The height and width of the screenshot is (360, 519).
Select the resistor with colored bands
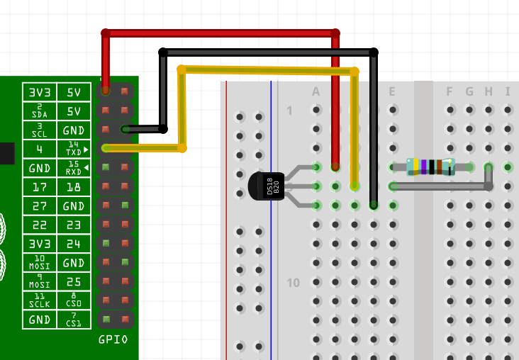430,167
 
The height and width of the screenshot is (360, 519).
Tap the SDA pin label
40,111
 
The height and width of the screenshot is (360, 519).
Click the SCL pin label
40,130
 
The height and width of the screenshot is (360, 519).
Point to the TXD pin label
74,149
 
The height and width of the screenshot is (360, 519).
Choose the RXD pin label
74,168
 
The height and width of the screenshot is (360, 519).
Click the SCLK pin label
40,300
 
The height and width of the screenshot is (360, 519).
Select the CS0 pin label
74,300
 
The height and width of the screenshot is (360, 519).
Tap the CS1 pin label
74,320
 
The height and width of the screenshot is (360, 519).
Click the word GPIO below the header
113,339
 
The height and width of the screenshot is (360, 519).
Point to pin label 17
40,187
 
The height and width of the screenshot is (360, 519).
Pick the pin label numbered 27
40,206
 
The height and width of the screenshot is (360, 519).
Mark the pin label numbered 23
74,225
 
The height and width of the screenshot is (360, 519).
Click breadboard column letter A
316,91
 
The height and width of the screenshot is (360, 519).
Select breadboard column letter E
391,91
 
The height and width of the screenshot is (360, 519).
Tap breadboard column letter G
469,91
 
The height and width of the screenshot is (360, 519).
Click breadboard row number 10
293,283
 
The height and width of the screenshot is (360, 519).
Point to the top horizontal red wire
220,33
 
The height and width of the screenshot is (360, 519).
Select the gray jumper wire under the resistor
440,186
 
